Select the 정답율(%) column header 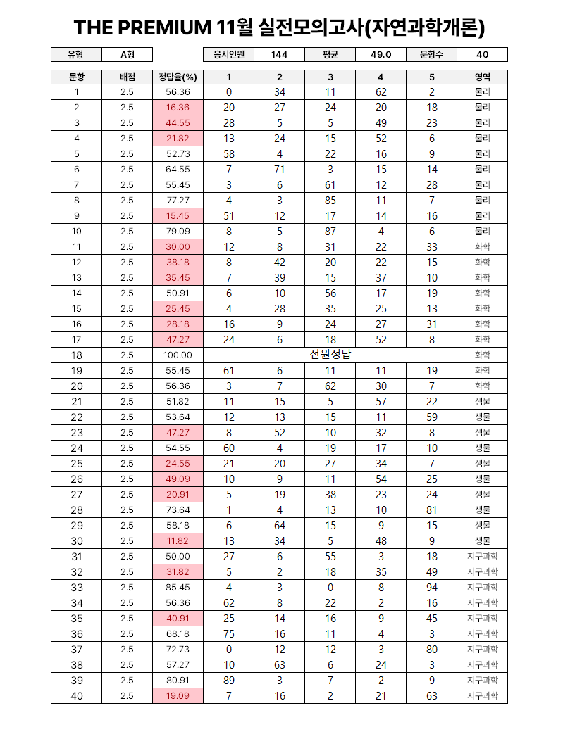178,77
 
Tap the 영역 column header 483,77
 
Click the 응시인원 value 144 279,55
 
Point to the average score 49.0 381,55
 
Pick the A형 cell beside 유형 127,55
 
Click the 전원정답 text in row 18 330,355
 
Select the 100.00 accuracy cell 178,355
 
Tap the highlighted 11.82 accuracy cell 178,541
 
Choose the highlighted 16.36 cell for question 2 178,108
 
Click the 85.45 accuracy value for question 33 178,588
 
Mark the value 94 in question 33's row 432,588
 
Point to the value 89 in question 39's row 229,681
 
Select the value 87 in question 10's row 330,232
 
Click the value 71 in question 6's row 280,170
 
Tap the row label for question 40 76,696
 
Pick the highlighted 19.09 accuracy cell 178,696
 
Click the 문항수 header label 431,55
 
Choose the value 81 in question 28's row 432,510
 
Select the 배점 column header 127,77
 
